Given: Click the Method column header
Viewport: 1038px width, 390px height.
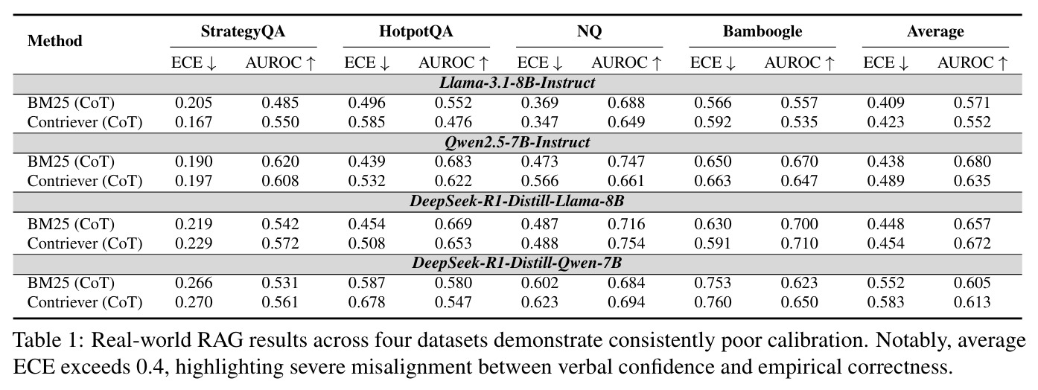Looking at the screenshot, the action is (54, 41).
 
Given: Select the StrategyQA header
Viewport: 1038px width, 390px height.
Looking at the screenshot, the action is (243, 31).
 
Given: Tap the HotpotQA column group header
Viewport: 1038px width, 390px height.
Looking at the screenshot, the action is (415, 31).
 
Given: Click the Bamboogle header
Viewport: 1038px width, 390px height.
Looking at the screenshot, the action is (762, 31).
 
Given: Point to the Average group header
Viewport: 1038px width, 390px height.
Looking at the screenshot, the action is (935, 31).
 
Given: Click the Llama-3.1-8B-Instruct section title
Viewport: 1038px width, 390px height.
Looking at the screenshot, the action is (518, 83).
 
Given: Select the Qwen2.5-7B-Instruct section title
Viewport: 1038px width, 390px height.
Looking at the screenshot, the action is (518, 141).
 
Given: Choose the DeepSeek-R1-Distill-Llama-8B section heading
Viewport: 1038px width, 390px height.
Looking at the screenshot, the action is (518, 201).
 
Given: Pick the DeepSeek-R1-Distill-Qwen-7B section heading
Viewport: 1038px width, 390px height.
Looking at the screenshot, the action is (518, 263).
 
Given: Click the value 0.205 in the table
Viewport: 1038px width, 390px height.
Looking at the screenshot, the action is (194, 103).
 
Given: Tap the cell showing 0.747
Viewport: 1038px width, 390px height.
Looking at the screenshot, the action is (626, 162).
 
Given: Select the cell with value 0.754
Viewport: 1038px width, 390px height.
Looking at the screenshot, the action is (626, 243).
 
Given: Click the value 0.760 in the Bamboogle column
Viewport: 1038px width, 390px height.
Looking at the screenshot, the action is (713, 302).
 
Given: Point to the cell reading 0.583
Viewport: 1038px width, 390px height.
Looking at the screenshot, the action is (885, 302).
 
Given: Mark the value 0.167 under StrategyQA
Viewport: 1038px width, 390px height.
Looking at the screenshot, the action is (194, 122).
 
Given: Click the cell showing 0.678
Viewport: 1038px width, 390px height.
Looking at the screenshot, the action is (366, 302).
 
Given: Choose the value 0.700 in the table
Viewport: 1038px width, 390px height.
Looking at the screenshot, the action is (800, 224).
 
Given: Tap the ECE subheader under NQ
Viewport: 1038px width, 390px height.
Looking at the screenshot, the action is (540, 63).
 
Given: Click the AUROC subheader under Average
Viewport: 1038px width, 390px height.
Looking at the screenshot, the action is (972, 63).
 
